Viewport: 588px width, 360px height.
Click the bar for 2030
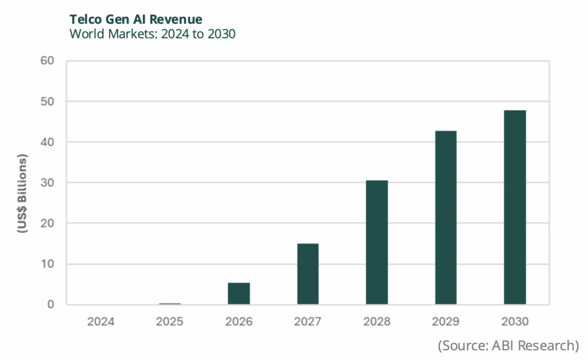point(514,207)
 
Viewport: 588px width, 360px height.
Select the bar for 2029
point(446,218)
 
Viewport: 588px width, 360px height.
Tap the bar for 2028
point(377,242)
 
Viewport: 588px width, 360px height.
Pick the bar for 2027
point(308,274)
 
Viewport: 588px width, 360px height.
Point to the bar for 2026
point(239,293)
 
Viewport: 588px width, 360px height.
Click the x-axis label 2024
point(101,322)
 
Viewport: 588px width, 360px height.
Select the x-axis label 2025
point(170,322)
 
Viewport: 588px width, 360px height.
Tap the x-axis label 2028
point(377,322)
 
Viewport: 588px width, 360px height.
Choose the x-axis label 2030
point(514,322)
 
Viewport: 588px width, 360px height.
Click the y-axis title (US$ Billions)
point(24,193)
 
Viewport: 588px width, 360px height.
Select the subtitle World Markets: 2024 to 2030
point(153,34)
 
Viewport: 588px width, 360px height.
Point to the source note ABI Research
point(508,346)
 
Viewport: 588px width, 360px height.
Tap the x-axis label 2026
point(239,322)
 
